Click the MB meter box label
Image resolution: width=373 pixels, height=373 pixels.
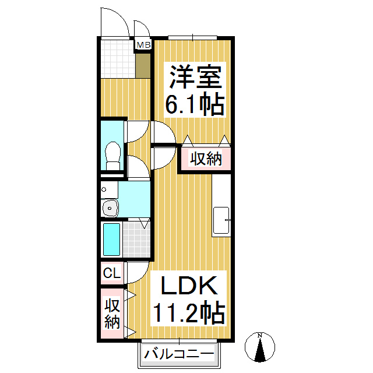[x=143, y=44]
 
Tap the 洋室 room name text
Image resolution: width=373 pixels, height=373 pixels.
[x=195, y=76]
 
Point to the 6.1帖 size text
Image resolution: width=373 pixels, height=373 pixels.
[x=195, y=105]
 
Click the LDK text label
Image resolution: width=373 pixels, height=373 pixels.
[x=189, y=286]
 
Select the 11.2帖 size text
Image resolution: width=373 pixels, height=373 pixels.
[x=189, y=314]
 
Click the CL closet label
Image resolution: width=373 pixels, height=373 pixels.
[x=111, y=273]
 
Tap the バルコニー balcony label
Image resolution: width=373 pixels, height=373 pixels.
[x=180, y=353]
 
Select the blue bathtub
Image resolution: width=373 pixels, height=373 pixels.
[x=111, y=239]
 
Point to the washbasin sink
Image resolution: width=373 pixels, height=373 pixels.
[x=109, y=207]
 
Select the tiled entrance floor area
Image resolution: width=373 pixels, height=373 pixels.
[x=117, y=58]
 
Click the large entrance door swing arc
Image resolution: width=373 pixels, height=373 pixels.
[x=114, y=22]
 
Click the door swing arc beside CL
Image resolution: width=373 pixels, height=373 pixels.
[x=137, y=272]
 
